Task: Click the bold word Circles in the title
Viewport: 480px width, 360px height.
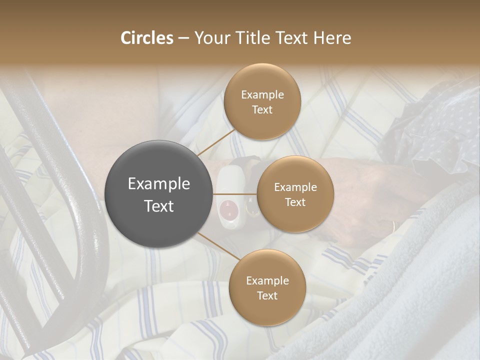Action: pos(147,38)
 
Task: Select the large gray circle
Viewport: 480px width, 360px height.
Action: pos(159,194)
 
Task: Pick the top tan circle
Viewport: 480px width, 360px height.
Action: pos(262,101)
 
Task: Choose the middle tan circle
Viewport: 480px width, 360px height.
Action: pos(295,194)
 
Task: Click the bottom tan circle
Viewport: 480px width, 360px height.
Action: pos(267,287)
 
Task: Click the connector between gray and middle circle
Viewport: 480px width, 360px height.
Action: pos(235,194)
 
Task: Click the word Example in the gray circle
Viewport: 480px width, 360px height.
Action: pos(159,184)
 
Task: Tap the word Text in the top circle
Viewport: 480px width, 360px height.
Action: pos(262,110)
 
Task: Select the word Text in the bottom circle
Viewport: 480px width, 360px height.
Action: pos(267,295)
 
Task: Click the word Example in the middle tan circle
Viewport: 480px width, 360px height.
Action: pos(295,187)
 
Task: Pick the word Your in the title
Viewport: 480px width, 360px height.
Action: pos(209,38)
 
